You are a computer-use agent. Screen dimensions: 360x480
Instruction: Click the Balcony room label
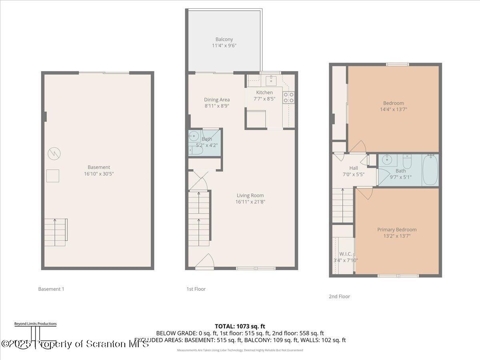coord(224,39)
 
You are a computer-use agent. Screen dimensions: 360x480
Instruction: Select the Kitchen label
coord(264,92)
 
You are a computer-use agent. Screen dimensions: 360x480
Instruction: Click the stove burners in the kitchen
coord(288,97)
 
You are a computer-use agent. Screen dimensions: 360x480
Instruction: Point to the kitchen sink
coord(270,80)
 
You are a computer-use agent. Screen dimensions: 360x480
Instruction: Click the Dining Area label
coord(217,100)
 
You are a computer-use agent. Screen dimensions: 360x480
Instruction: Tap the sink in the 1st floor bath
coord(194,136)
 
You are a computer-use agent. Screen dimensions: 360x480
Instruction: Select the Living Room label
coord(250,195)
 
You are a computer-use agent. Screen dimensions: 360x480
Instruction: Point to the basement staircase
coord(55,232)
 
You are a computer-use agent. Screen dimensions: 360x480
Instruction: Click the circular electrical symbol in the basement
coord(53,153)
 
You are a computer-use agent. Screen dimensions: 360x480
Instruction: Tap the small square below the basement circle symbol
coord(53,176)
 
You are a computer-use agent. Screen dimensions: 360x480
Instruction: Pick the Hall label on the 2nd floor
coord(354,168)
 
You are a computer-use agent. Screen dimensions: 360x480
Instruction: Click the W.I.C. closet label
coord(346,254)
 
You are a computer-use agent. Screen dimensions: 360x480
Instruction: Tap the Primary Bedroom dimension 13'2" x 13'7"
coord(397,236)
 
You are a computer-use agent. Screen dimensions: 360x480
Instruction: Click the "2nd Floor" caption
coord(339,296)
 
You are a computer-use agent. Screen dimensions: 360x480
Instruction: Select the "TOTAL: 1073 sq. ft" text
coord(240,326)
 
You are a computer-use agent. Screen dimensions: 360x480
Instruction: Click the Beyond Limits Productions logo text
coord(35,324)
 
